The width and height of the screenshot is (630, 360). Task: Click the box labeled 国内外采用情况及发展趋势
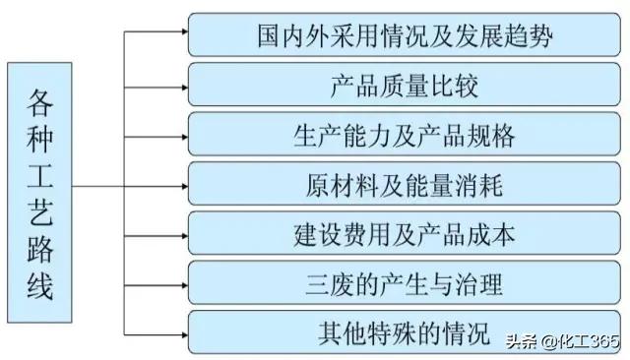point(405,34)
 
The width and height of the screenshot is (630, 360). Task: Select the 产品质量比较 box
point(405,85)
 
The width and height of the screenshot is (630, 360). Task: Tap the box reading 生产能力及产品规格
point(405,135)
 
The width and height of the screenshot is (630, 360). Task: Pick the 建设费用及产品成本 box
point(405,234)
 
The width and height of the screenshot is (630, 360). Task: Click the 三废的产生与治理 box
point(405,284)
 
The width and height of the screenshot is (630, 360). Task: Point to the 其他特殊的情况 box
point(405,333)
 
